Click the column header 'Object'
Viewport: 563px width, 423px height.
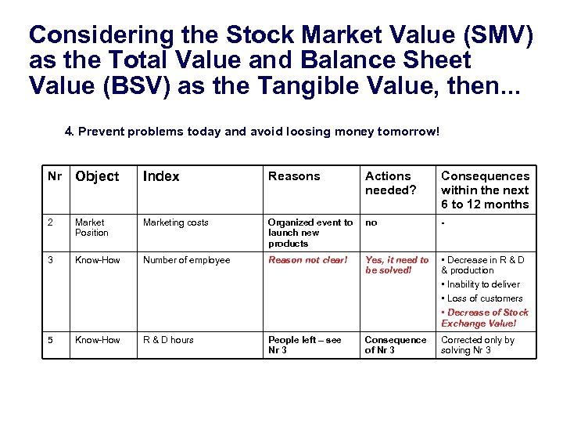click(x=97, y=177)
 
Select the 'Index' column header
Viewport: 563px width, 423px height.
click(x=161, y=177)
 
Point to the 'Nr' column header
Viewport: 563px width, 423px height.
click(x=55, y=176)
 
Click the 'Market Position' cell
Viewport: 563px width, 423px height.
click(x=91, y=228)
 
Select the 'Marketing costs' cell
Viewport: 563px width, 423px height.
click(x=175, y=223)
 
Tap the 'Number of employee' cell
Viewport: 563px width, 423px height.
click(x=186, y=260)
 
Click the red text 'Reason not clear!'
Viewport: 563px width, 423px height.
click(x=307, y=260)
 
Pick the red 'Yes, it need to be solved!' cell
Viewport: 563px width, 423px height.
click(x=396, y=265)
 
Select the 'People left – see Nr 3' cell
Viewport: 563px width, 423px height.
click(x=304, y=345)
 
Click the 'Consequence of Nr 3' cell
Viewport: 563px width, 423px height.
click(x=396, y=345)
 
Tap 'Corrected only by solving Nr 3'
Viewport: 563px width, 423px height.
click(x=478, y=345)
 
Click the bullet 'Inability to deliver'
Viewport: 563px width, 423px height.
click(x=482, y=284)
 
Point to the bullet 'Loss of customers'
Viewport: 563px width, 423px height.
click(x=484, y=298)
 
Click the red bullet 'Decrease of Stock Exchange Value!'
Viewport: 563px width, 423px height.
click(x=486, y=318)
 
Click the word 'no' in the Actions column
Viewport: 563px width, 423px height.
click(x=371, y=223)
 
